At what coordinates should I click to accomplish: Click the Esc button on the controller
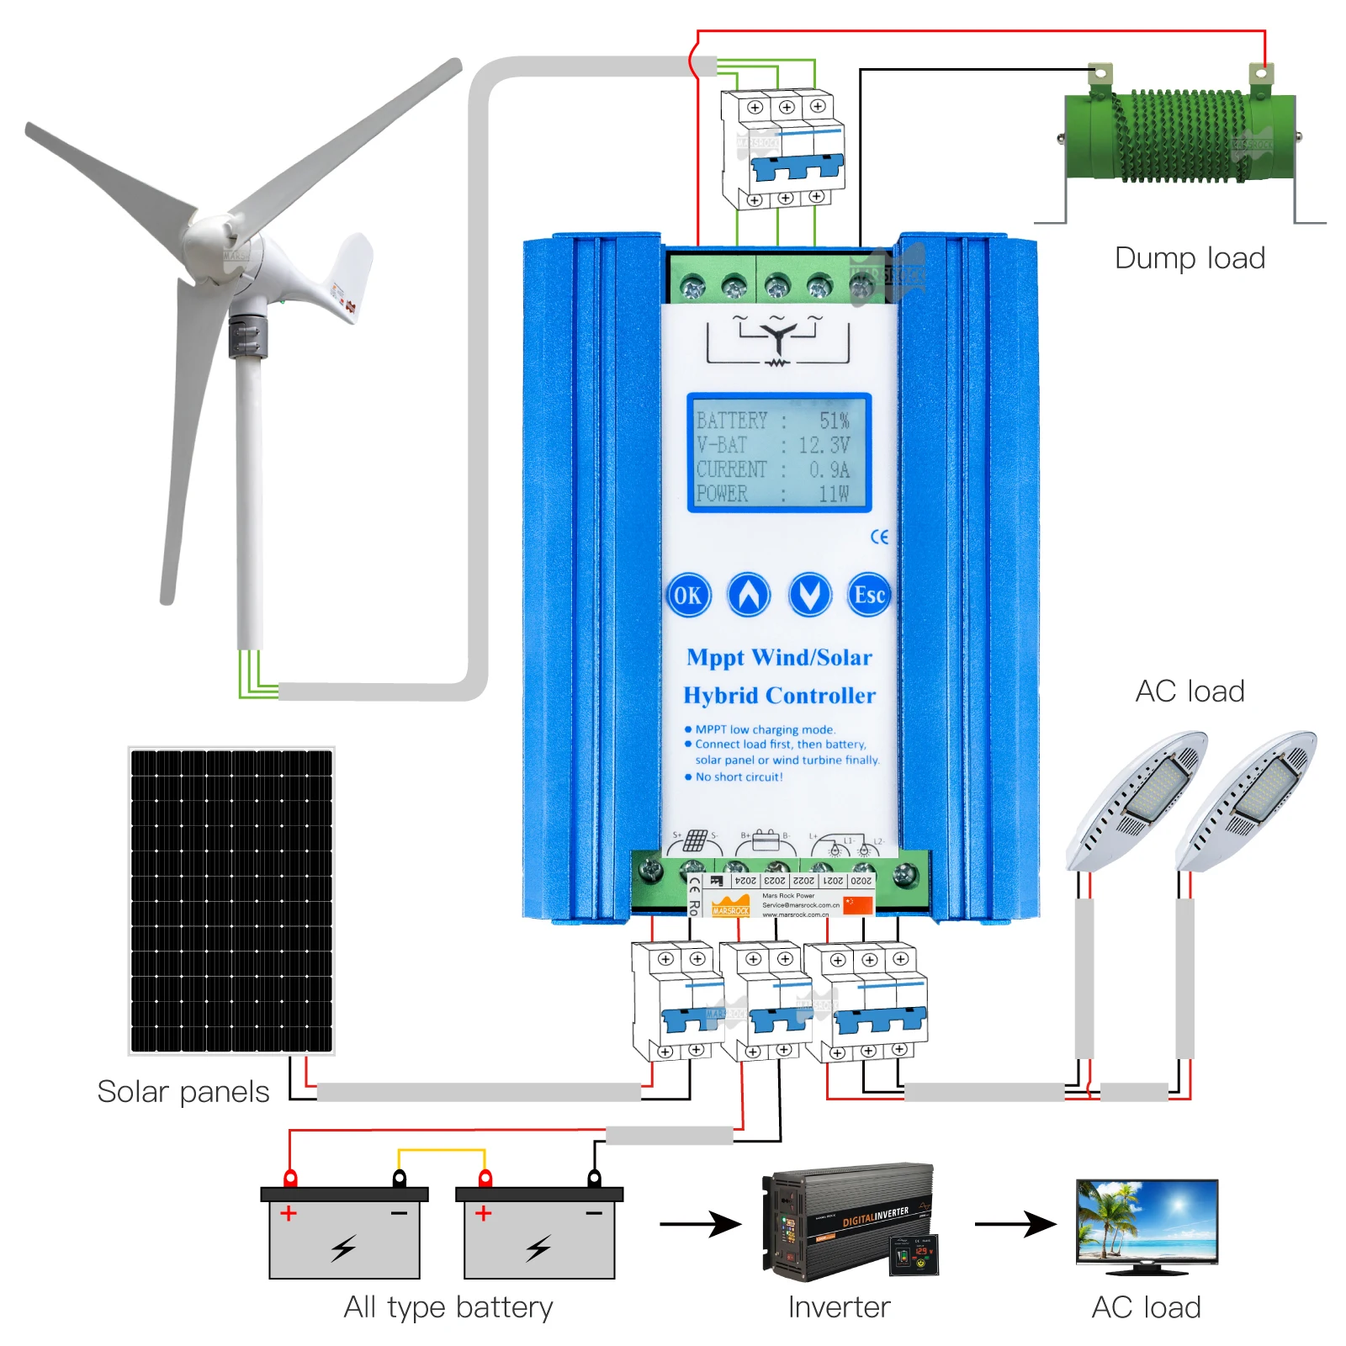869,596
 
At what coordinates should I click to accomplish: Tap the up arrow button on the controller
749,596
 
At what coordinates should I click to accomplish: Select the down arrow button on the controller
809,596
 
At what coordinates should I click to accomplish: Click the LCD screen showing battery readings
778,453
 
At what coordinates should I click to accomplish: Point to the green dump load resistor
1178,136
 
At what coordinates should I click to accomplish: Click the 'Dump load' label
1190,258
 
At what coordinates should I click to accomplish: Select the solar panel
231,901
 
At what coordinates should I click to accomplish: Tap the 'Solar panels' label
183,1092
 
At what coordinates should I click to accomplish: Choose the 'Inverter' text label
839,1307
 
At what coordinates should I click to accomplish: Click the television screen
1147,1220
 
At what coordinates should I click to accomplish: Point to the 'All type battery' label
448,1307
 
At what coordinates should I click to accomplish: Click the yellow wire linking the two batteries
442,1150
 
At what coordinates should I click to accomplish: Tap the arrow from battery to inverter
700,1224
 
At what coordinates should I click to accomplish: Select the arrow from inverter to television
1015,1224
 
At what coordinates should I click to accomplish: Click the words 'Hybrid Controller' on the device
779,696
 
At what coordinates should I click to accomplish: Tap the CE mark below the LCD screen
879,537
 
